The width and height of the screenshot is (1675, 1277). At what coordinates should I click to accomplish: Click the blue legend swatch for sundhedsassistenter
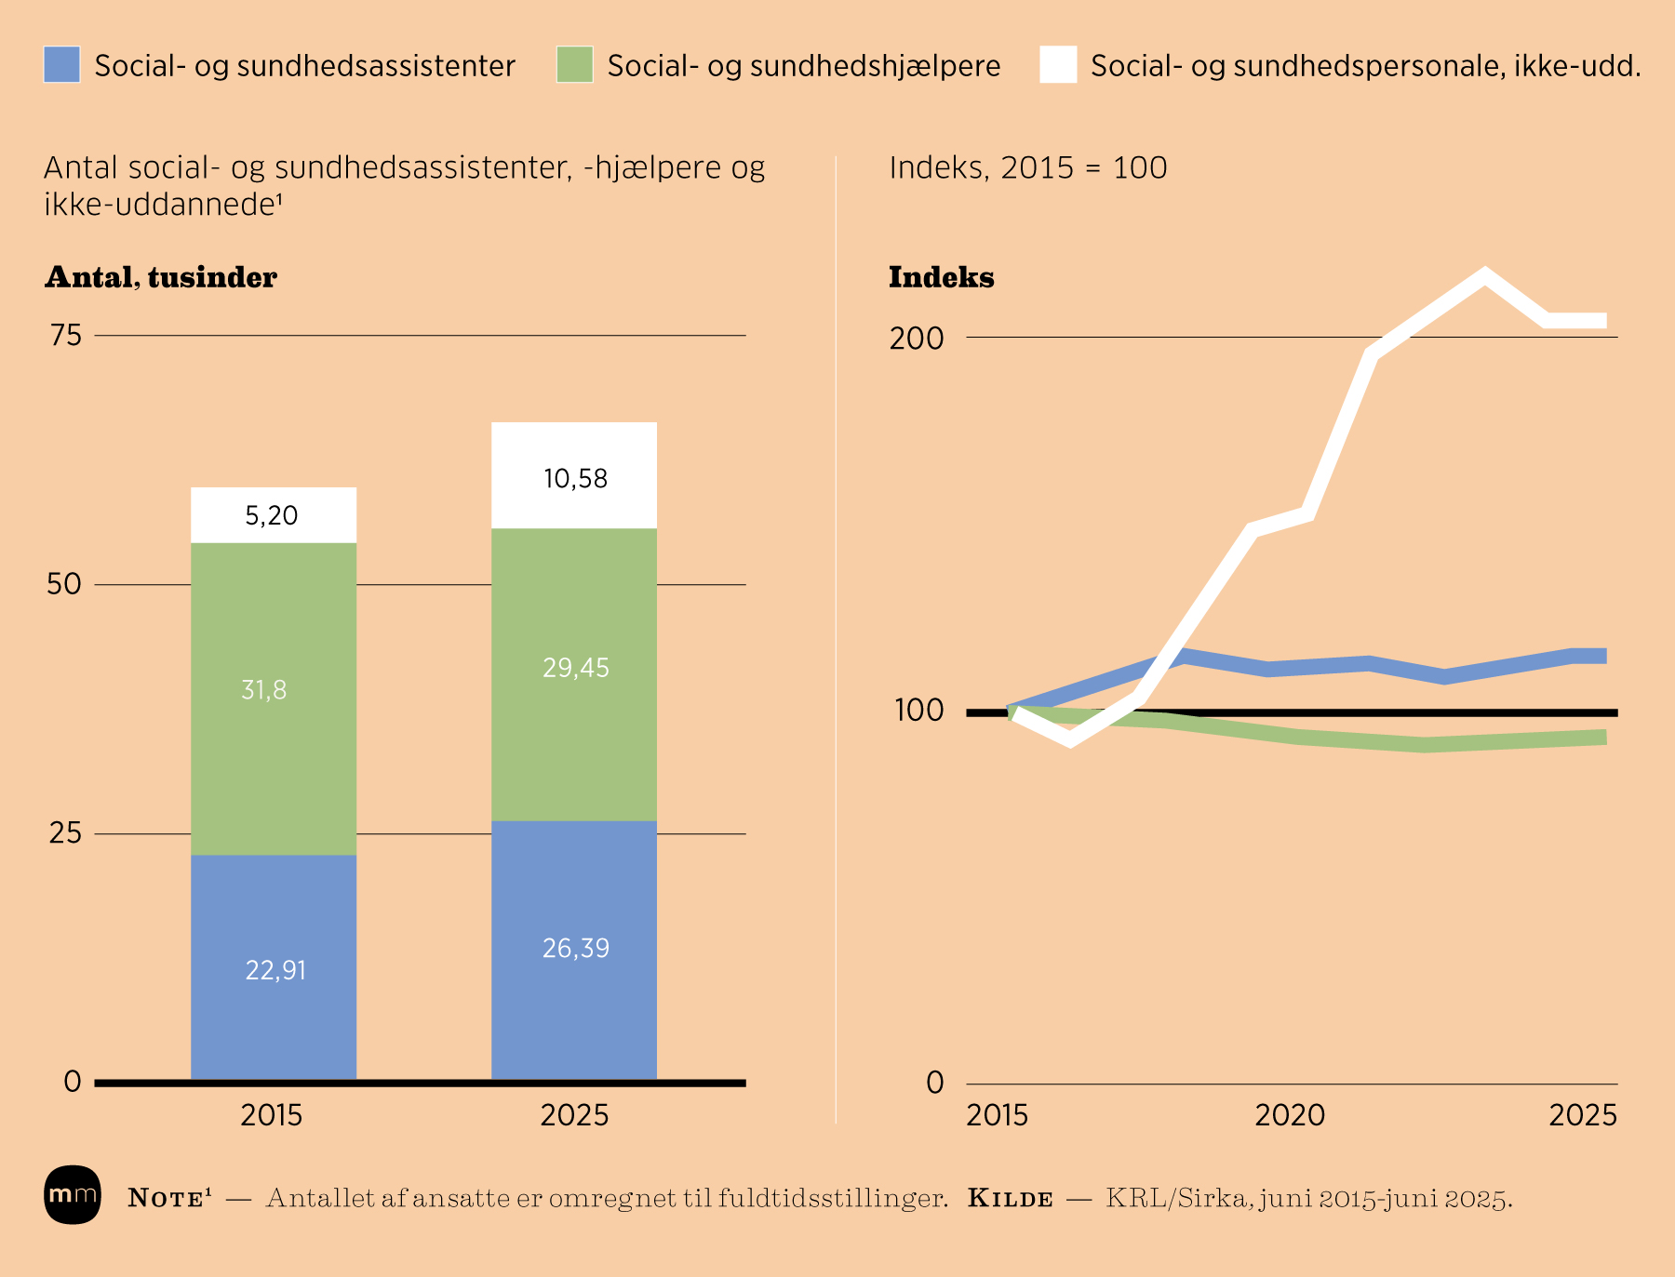coord(62,65)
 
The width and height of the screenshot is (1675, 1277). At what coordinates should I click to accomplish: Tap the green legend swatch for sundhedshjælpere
coord(574,65)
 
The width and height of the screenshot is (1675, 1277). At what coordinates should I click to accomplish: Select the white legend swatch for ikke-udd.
coord(1058,65)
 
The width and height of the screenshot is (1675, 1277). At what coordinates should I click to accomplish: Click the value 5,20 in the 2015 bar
coord(272,515)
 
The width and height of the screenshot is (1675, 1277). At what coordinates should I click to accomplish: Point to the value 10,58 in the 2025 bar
coord(575,479)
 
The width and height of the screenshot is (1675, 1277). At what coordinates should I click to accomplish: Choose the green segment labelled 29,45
coord(575,668)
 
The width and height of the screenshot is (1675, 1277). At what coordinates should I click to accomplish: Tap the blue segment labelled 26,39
coord(575,948)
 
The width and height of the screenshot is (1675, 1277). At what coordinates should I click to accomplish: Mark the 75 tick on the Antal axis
coord(66,335)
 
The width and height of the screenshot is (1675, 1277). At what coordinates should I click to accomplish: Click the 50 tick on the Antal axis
coord(64,584)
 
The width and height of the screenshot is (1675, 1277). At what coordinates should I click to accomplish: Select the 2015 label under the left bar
coord(272,1114)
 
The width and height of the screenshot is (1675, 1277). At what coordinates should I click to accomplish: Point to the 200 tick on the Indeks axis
coord(917,339)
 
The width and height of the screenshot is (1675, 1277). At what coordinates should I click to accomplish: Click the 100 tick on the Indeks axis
coord(919,711)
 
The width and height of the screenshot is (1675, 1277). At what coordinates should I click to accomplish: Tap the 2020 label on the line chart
coord(1290,1114)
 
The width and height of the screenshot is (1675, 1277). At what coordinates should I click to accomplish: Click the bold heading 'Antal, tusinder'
coord(161,277)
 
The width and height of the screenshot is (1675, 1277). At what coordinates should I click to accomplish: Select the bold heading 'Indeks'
coord(941,277)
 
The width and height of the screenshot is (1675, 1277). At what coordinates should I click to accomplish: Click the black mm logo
coord(73,1194)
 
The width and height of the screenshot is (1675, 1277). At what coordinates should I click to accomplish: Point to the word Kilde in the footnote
coord(1011,1198)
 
